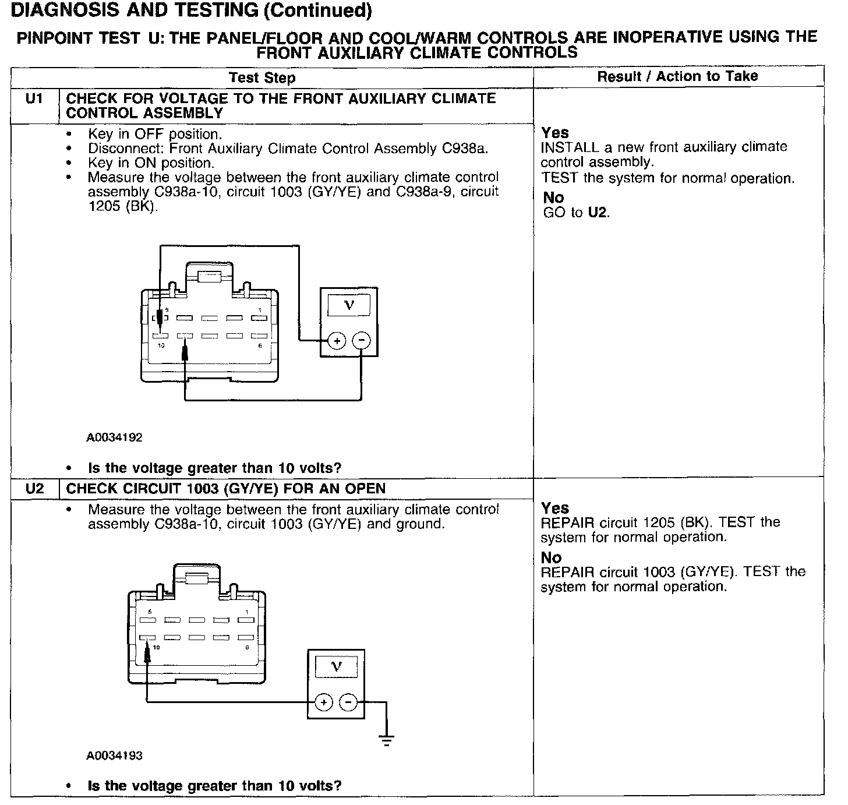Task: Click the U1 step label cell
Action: [34, 99]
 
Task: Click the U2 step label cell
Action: [34, 489]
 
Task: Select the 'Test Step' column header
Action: [262, 77]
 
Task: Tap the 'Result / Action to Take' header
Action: [677, 76]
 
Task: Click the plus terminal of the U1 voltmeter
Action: [337, 340]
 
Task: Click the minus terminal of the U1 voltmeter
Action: [362, 340]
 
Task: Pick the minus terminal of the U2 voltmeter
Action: [348, 702]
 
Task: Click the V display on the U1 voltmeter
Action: [349, 305]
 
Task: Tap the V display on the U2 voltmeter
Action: [336, 666]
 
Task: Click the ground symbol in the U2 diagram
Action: [386, 740]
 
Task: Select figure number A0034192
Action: [114, 437]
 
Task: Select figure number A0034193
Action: [114, 756]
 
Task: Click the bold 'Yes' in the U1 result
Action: [555, 133]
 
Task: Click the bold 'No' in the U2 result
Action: [551, 557]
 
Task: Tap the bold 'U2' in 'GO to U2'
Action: [597, 213]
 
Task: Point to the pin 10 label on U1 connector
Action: [161, 346]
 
